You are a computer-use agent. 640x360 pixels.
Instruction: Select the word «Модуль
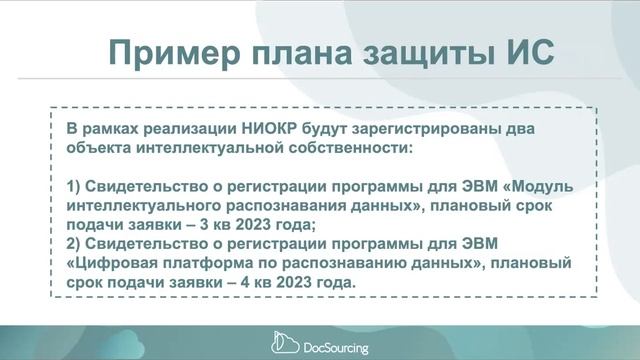(535, 187)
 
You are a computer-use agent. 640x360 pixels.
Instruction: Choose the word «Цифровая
(111, 263)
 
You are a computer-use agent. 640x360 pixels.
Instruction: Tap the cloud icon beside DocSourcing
(283, 345)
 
